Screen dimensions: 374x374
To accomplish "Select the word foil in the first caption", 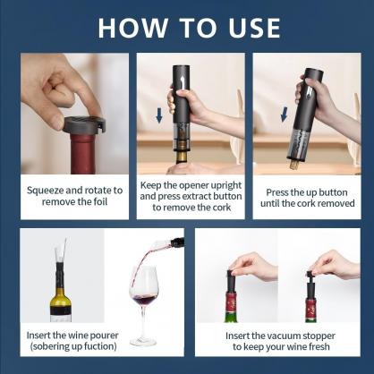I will (101, 202).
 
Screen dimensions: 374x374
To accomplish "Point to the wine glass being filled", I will (144, 300).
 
